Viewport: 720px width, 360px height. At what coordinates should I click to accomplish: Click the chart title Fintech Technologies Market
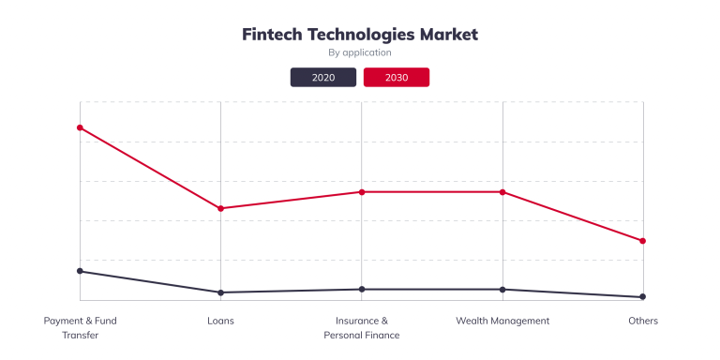point(360,34)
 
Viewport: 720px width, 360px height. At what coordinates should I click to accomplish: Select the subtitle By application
point(360,52)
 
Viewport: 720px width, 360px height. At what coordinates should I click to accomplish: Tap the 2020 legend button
point(323,77)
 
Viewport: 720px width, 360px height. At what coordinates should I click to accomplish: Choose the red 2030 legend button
point(397,77)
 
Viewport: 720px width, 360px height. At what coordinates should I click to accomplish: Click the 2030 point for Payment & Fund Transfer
point(80,127)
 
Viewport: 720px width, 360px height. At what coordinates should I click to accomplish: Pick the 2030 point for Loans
point(220,208)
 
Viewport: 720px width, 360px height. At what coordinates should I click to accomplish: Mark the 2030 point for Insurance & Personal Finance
point(362,192)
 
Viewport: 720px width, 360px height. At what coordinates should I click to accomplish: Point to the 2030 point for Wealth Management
point(502,192)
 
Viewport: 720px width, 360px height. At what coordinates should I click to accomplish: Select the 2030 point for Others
point(643,241)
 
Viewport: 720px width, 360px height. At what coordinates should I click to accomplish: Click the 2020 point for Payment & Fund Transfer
point(80,271)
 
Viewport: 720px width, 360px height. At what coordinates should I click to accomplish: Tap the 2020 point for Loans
point(220,292)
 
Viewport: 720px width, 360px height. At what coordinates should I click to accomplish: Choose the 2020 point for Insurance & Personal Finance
point(362,289)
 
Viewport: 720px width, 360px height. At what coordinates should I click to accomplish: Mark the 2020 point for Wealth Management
point(502,289)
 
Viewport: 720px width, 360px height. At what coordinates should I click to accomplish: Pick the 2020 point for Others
point(643,297)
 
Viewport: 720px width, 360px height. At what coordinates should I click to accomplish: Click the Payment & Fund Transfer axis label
point(81,327)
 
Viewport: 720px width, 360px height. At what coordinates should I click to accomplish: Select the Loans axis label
point(220,321)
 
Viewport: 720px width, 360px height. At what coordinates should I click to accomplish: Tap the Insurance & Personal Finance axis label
point(362,327)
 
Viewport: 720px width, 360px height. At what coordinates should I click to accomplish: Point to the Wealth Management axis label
point(502,321)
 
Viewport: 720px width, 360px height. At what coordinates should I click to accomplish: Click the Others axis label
point(643,321)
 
